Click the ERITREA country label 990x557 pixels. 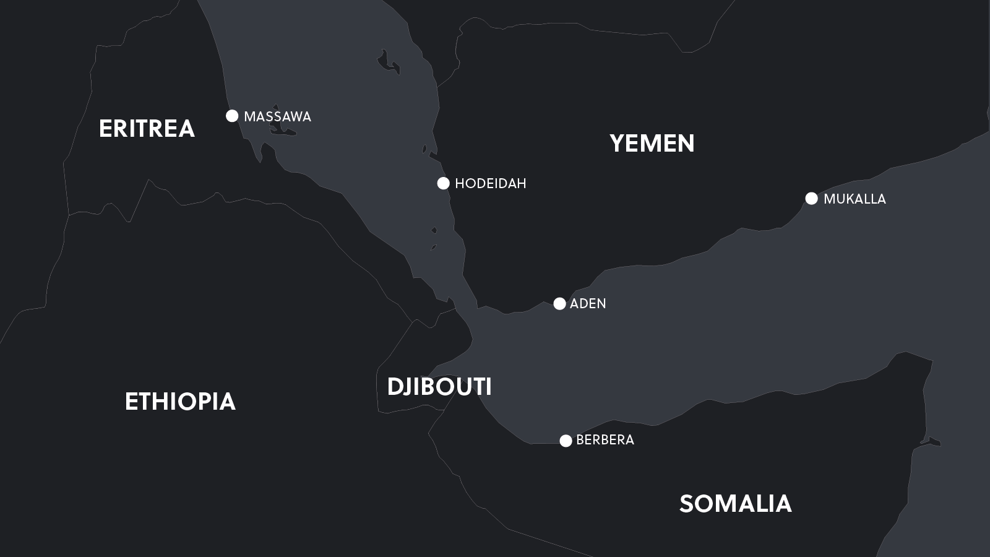coord(147,129)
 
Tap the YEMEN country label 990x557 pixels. coord(652,144)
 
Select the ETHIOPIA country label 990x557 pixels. coord(180,402)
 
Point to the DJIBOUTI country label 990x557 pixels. coord(439,387)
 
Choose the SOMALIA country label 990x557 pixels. coord(735,504)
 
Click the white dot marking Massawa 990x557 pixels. coord(232,116)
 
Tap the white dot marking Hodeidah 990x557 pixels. coord(443,183)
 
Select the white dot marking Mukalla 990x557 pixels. coord(811,198)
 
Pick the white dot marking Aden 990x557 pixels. coord(559,303)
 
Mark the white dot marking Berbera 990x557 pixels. coord(566,441)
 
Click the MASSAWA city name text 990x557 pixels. coord(277,117)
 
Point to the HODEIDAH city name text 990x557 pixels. coord(490,184)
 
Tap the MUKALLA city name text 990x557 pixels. coord(854,199)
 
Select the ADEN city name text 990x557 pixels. coord(588,304)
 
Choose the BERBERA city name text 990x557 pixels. coord(605,440)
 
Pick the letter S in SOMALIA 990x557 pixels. coord(687,504)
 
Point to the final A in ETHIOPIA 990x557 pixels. coord(227,402)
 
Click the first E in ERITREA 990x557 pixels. coord(105,129)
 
